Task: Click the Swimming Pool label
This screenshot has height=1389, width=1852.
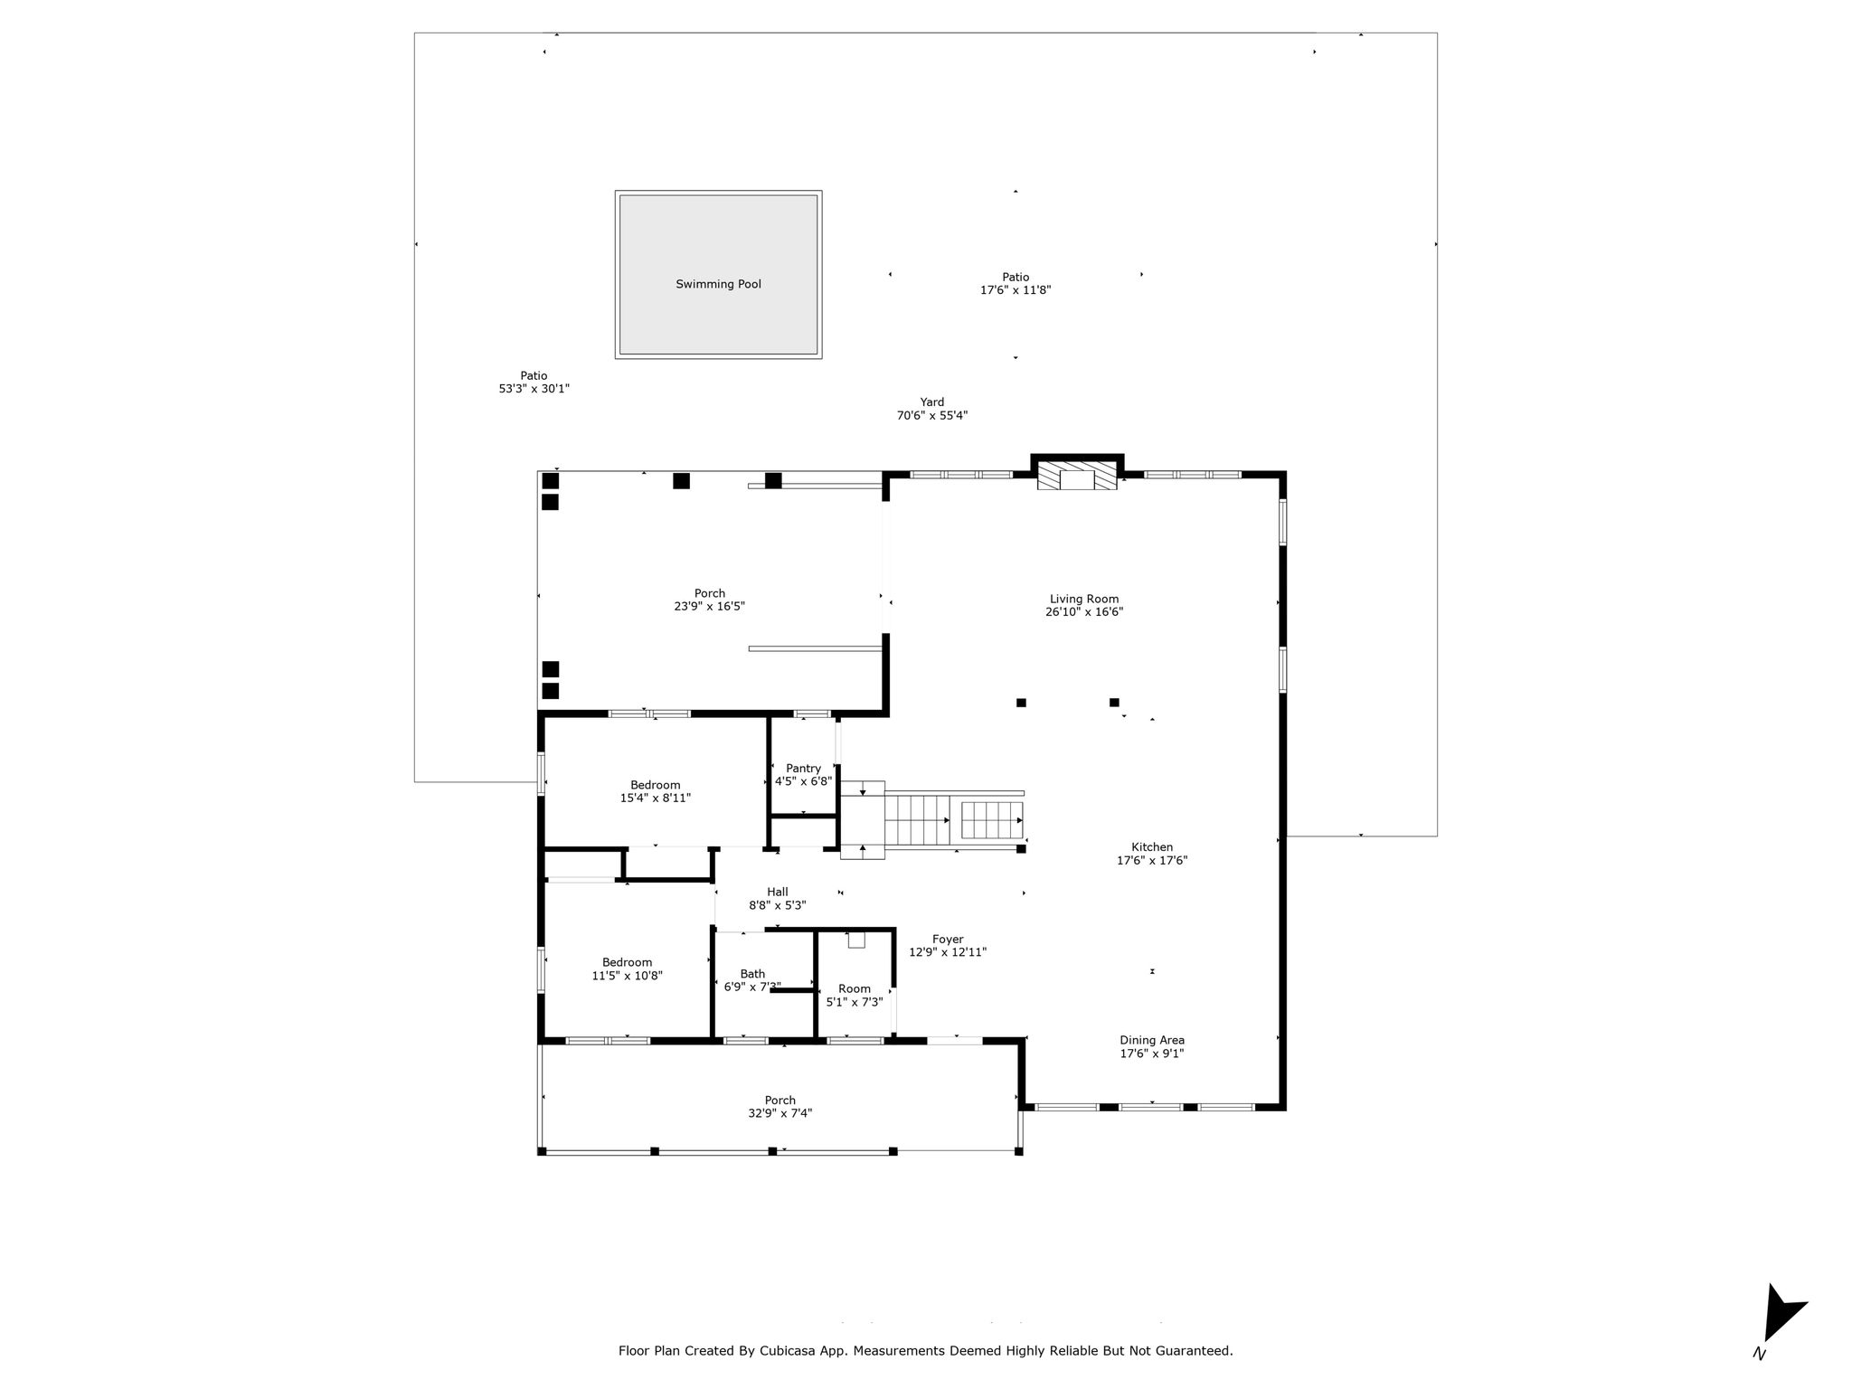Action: point(718,284)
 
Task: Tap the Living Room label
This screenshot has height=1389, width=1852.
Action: point(1084,599)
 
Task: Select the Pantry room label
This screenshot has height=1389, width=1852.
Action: point(803,769)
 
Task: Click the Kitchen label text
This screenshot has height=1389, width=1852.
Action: point(1152,847)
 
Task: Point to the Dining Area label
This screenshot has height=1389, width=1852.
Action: point(1152,1040)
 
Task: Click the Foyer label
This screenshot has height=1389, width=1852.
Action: point(948,940)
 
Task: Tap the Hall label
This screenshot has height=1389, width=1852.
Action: point(778,893)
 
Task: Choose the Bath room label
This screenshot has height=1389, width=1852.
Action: point(752,974)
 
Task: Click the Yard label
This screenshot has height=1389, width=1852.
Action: point(932,402)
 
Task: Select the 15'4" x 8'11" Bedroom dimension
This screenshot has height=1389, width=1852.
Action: point(656,798)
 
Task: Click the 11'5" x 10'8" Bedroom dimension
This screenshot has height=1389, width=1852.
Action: point(628,976)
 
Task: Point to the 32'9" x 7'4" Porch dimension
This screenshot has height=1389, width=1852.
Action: point(780,1113)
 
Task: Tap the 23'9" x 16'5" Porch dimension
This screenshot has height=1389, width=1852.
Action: point(710,607)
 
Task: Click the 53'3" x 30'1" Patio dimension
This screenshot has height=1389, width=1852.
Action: point(534,389)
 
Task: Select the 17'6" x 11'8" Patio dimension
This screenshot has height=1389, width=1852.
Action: point(1016,290)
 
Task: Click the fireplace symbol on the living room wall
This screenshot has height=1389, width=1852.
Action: point(1077,477)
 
